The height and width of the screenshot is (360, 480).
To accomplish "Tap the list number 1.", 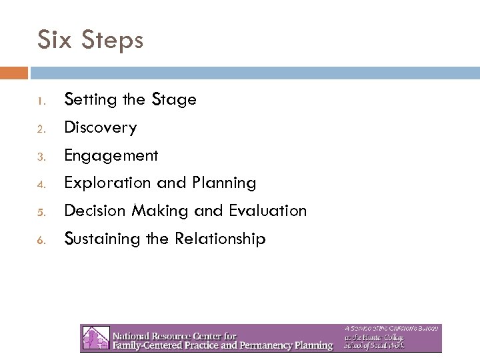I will pos(41,102).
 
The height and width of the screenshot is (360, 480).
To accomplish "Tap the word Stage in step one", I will pos(174,101).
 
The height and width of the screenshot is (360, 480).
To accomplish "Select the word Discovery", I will pos(100,128).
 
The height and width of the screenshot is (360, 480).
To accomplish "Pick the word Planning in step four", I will pos(223,183).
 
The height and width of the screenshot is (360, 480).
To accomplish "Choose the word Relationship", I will pos(220,239).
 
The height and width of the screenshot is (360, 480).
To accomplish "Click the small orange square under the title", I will pos(14,72).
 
